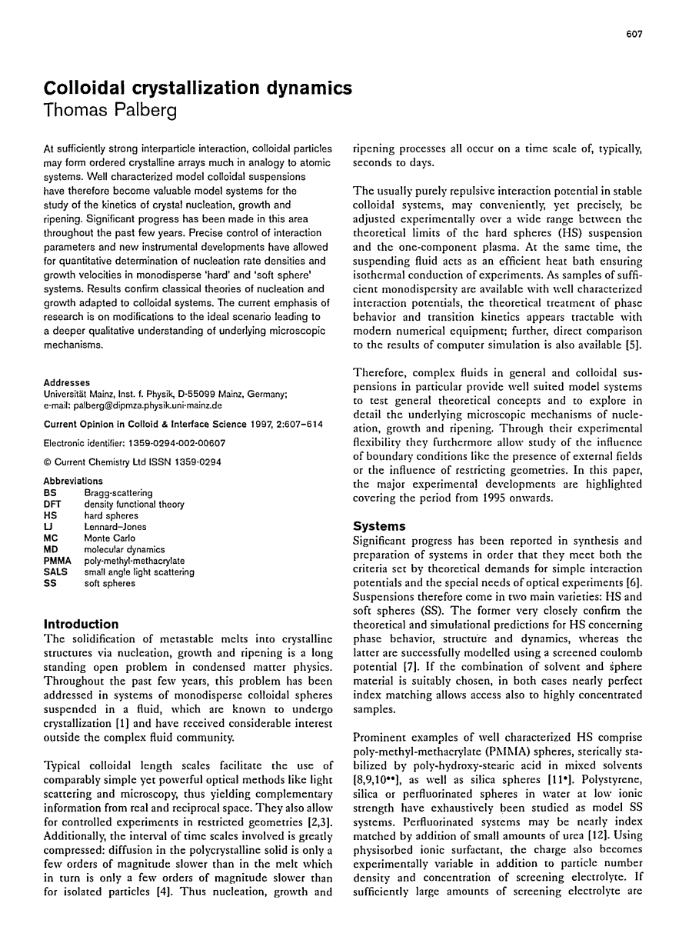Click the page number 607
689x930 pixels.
(x=634, y=34)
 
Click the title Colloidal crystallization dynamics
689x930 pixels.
(x=199, y=88)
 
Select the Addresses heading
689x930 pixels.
(x=67, y=382)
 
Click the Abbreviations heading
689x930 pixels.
(x=74, y=482)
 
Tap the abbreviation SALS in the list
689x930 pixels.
(x=56, y=572)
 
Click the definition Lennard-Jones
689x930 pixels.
(x=115, y=527)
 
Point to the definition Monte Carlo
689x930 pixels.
(x=110, y=538)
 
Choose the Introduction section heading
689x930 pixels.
(x=82, y=624)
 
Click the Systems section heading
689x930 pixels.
(x=379, y=527)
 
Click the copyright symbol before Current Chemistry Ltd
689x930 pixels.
(x=48, y=462)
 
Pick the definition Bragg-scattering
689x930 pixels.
(x=118, y=493)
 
